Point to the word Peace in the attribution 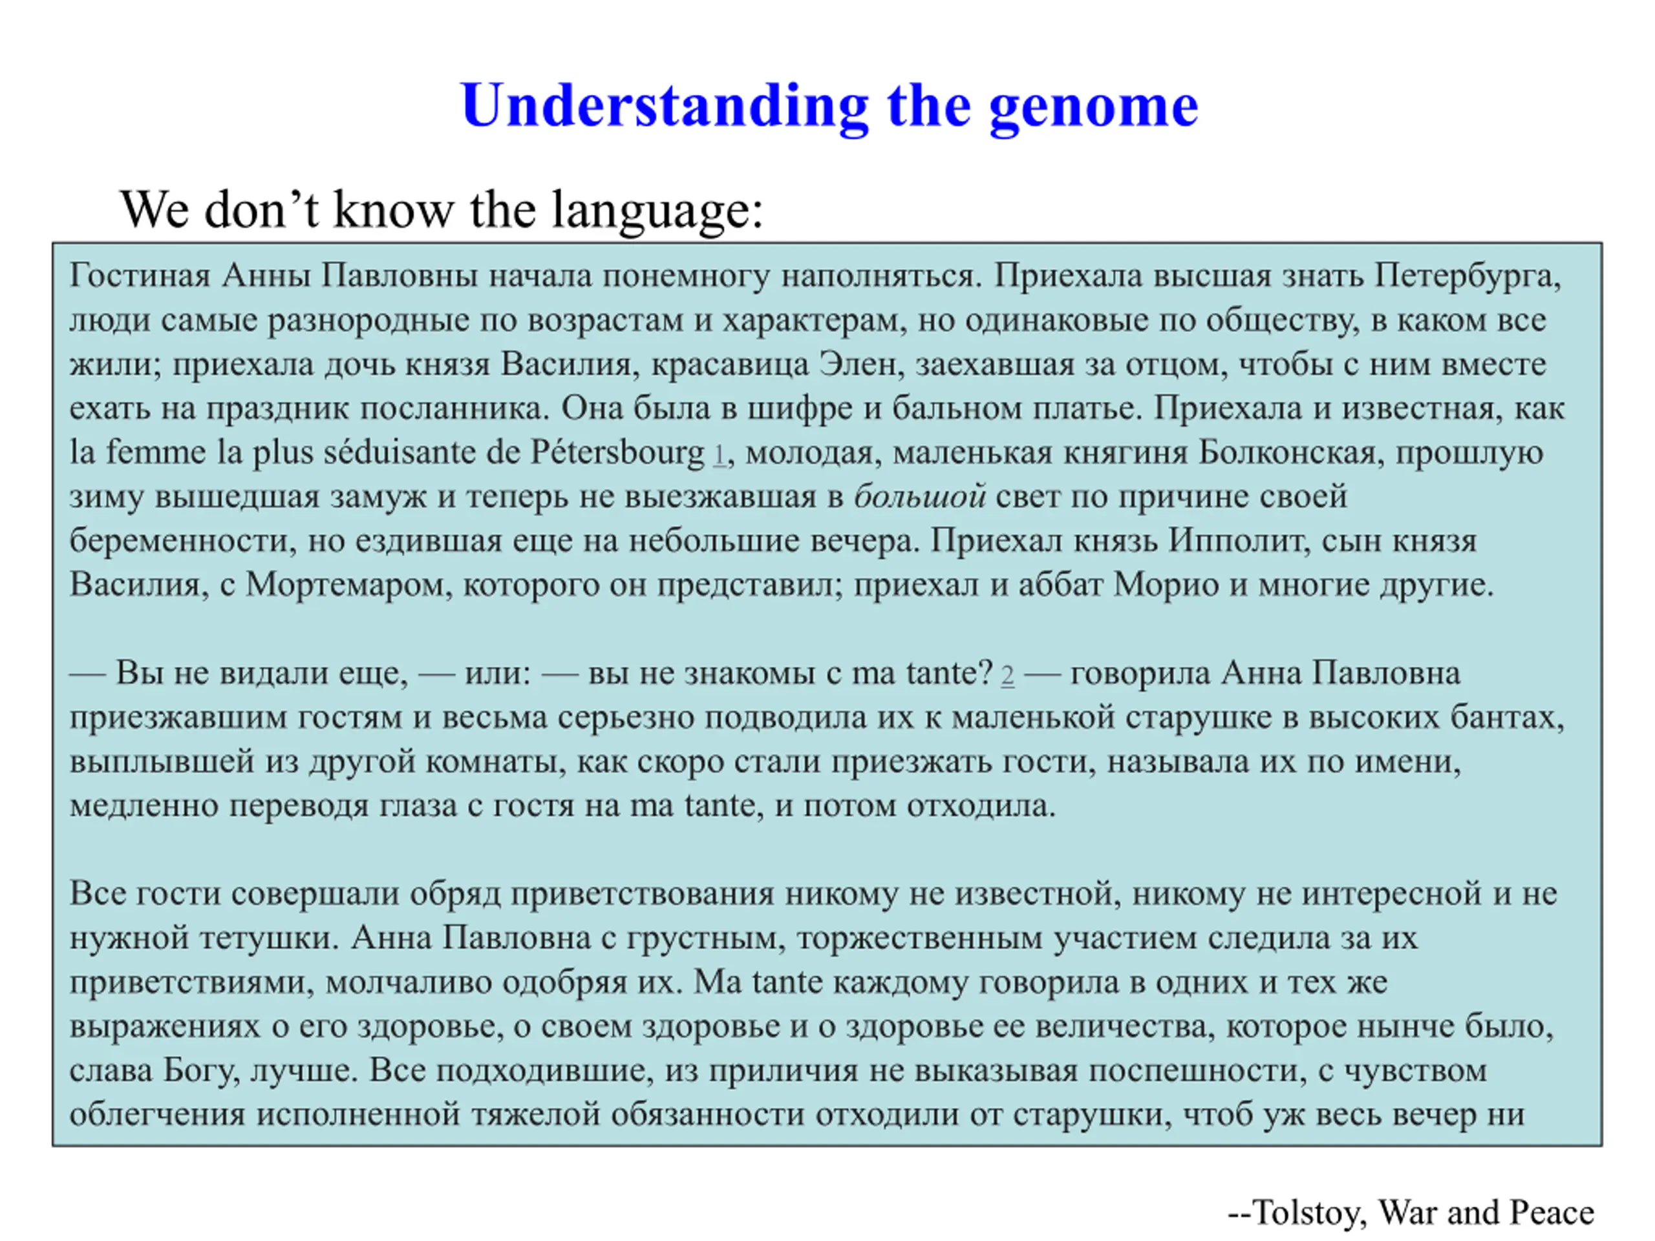pos(1551,1212)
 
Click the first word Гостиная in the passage pos(140,275)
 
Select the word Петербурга pos(1468,277)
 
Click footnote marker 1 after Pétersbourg pos(719,454)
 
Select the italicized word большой pos(919,496)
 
